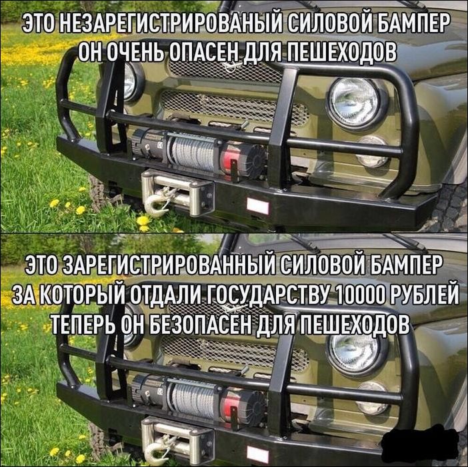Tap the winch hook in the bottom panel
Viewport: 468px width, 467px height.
157,448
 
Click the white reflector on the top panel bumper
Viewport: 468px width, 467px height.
258,206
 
